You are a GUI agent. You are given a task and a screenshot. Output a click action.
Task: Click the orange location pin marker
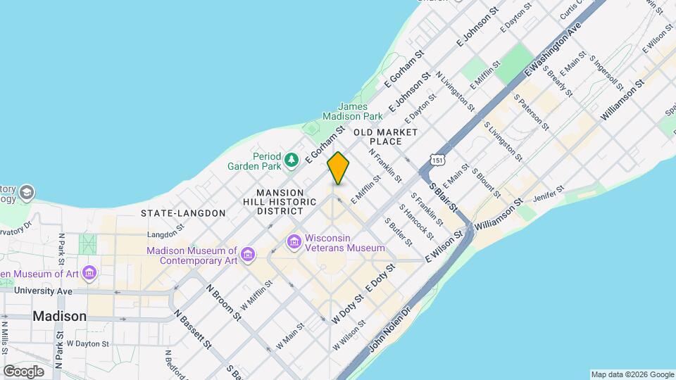click(x=338, y=168)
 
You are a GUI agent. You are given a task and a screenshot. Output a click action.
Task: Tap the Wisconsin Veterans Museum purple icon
click(x=294, y=242)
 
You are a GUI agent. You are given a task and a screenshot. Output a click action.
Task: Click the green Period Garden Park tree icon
click(x=292, y=161)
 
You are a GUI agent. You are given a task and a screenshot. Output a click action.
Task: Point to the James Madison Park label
click(x=352, y=111)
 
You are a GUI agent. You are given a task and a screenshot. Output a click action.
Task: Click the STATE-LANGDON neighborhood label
click(x=183, y=213)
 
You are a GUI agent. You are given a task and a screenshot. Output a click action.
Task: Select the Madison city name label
click(x=60, y=316)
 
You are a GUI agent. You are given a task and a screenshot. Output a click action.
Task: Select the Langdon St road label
click(x=165, y=235)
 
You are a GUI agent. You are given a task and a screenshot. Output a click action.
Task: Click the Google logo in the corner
click(x=23, y=371)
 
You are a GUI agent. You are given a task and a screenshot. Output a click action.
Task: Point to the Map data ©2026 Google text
click(x=632, y=374)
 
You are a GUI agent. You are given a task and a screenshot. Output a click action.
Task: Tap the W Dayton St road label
click(x=88, y=344)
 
